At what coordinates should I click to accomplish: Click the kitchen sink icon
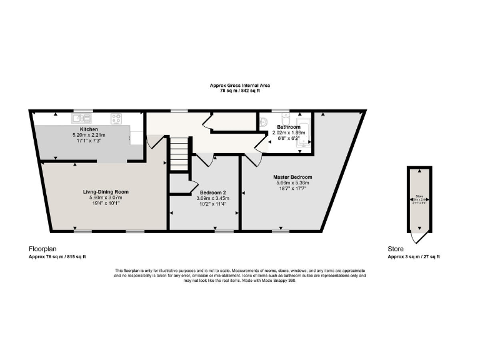81,117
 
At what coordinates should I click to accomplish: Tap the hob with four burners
116,117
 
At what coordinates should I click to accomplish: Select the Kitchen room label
89,129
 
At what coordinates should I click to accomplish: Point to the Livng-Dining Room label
105,192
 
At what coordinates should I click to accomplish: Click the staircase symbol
179,154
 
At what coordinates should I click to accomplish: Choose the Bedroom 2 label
204,192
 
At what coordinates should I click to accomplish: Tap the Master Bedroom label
292,177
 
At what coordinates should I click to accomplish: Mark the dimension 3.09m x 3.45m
204,198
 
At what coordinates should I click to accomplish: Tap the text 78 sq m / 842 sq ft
239,91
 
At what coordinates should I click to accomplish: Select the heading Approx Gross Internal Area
239,85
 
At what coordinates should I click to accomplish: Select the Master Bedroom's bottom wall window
280,231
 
